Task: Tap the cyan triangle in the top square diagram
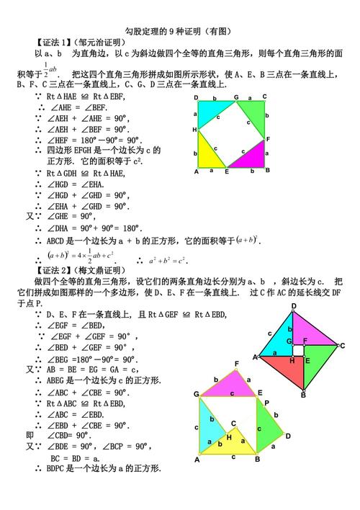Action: coord(210,112)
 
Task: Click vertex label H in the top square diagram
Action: coord(194,130)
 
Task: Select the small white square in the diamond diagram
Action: coord(298,349)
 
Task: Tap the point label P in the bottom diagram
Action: coord(266,403)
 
